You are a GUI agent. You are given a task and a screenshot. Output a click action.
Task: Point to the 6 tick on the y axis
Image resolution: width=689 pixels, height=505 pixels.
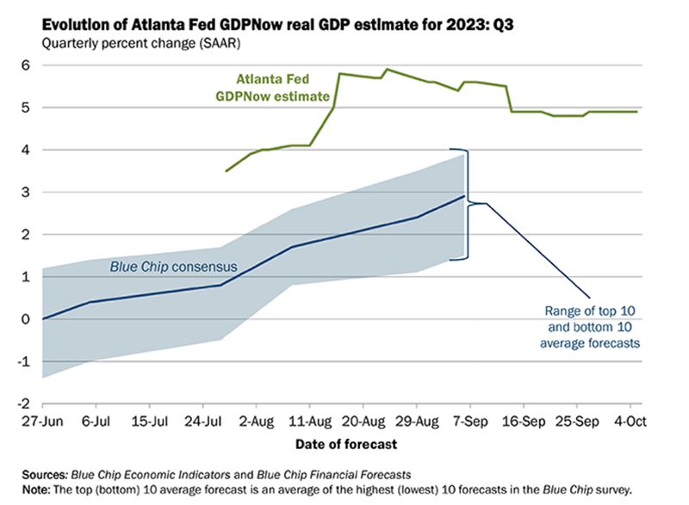[25, 65]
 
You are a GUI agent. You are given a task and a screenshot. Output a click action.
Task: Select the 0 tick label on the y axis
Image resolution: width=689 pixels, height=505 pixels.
[25, 319]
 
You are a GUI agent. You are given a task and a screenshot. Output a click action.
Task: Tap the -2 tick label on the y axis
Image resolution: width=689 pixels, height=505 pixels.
[23, 403]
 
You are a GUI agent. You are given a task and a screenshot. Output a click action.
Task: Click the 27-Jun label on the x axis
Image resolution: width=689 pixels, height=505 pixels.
[42, 423]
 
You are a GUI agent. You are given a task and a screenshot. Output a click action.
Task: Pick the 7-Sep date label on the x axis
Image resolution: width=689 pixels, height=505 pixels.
[469, 423]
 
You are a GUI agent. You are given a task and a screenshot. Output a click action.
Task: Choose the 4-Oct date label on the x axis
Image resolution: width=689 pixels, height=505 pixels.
[630, 423]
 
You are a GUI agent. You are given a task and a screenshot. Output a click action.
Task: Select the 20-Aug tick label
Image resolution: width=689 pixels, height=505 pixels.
[363, 423]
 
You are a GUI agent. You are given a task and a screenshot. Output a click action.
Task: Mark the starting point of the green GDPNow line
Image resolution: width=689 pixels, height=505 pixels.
[226, 171]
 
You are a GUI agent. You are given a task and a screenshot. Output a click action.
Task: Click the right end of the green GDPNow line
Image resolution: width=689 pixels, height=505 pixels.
[637, 112]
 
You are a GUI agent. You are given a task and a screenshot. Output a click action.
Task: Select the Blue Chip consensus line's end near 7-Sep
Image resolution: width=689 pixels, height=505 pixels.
[464, 197]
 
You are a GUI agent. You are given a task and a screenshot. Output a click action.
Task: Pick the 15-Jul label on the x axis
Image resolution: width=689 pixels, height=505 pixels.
[149, 423]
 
